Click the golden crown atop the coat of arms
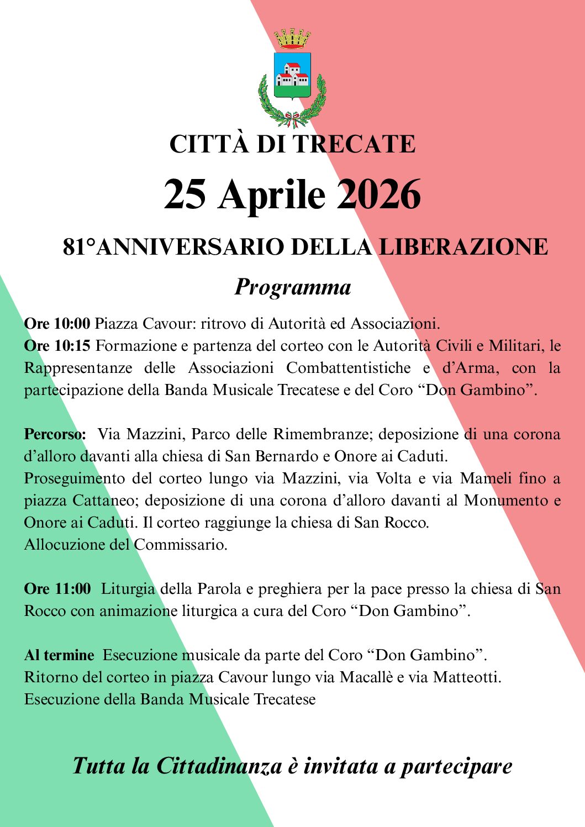pos(292,39)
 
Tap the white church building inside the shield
pos(292,75)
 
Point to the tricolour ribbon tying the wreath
pos(292,117)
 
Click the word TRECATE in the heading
pos(354,144)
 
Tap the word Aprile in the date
pos(272,196)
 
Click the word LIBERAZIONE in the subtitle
pos(463,247)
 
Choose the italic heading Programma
pos(293,287)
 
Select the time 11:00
pos(72,589)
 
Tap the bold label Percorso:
pos(55,434)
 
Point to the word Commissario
pos(180,545)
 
